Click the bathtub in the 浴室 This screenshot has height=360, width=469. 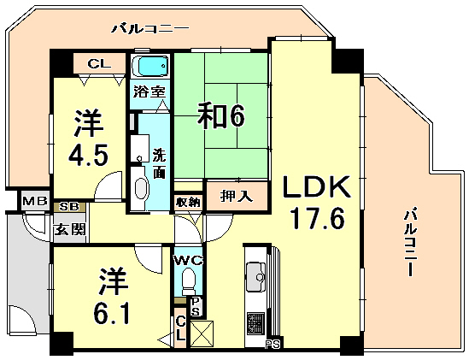coord(151,67)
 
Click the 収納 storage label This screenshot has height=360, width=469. coord(187,202)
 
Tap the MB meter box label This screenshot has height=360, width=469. coord(34,202)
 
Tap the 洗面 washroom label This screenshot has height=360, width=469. coord(160,163)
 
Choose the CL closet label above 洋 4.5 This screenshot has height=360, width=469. coord(98,62)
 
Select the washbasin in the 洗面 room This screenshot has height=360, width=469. coord(141,189)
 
